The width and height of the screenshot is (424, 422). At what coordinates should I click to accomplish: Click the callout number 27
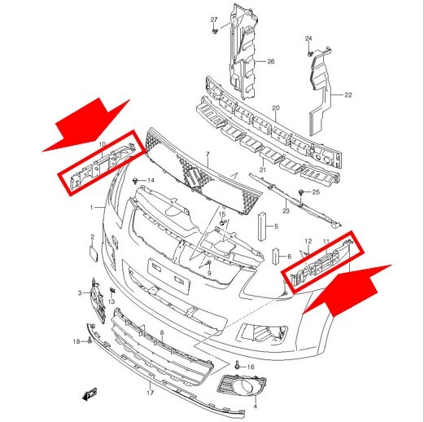214,20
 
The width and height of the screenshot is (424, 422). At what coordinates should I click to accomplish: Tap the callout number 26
271,61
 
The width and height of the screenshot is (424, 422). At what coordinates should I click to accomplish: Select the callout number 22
348,95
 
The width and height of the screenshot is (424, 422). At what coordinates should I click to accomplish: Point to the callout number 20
276,108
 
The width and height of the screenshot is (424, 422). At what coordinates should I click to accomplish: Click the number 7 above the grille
208,154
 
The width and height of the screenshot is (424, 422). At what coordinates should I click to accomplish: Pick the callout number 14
151,180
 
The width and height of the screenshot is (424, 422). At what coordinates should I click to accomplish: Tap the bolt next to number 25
301,192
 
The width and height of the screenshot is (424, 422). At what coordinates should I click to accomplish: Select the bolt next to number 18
90,340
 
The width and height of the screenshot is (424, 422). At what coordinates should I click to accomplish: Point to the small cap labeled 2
93,253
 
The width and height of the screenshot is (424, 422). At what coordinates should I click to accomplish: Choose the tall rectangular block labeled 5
262,226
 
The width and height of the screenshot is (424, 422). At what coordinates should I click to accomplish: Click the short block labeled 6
276,256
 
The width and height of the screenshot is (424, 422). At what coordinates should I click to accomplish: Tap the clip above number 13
111,291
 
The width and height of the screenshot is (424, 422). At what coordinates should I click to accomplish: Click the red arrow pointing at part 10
86,125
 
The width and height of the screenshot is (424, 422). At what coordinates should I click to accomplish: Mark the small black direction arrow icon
90,394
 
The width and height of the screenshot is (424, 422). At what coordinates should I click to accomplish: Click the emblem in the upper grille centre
194,178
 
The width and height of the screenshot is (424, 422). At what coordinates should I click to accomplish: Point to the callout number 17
151,393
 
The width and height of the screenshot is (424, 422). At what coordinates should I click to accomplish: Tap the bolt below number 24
310,53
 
